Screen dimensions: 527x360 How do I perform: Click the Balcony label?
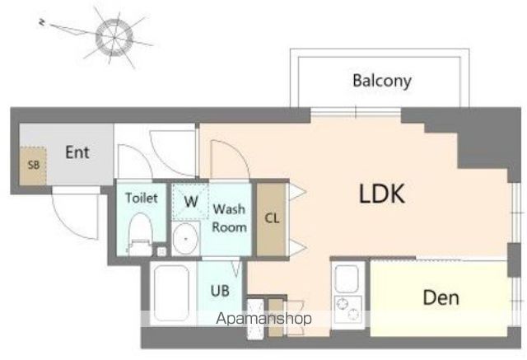point(382,81)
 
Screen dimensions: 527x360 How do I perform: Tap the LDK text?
point(382,194)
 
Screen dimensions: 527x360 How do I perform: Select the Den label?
point(441,297)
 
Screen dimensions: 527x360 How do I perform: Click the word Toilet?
point(142,198)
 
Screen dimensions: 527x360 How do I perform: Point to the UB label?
point(220,291)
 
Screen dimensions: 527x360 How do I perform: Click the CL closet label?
point(272,218)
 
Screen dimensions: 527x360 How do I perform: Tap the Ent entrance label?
point(77,152)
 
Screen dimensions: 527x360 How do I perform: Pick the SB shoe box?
point(33,166)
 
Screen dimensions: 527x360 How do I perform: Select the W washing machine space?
point(190,201)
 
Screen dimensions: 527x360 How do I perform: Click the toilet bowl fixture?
point(141,234)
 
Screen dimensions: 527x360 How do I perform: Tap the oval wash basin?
point(185,239)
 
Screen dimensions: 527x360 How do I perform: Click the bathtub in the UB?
point(171,293)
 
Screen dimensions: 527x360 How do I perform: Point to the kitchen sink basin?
point(347,278)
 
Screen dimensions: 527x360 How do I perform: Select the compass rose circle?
point(114,36)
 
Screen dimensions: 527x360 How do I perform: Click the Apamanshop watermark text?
point(263,318)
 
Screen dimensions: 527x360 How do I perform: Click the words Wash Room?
point(230,217)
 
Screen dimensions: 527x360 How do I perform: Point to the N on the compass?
point(42,22)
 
